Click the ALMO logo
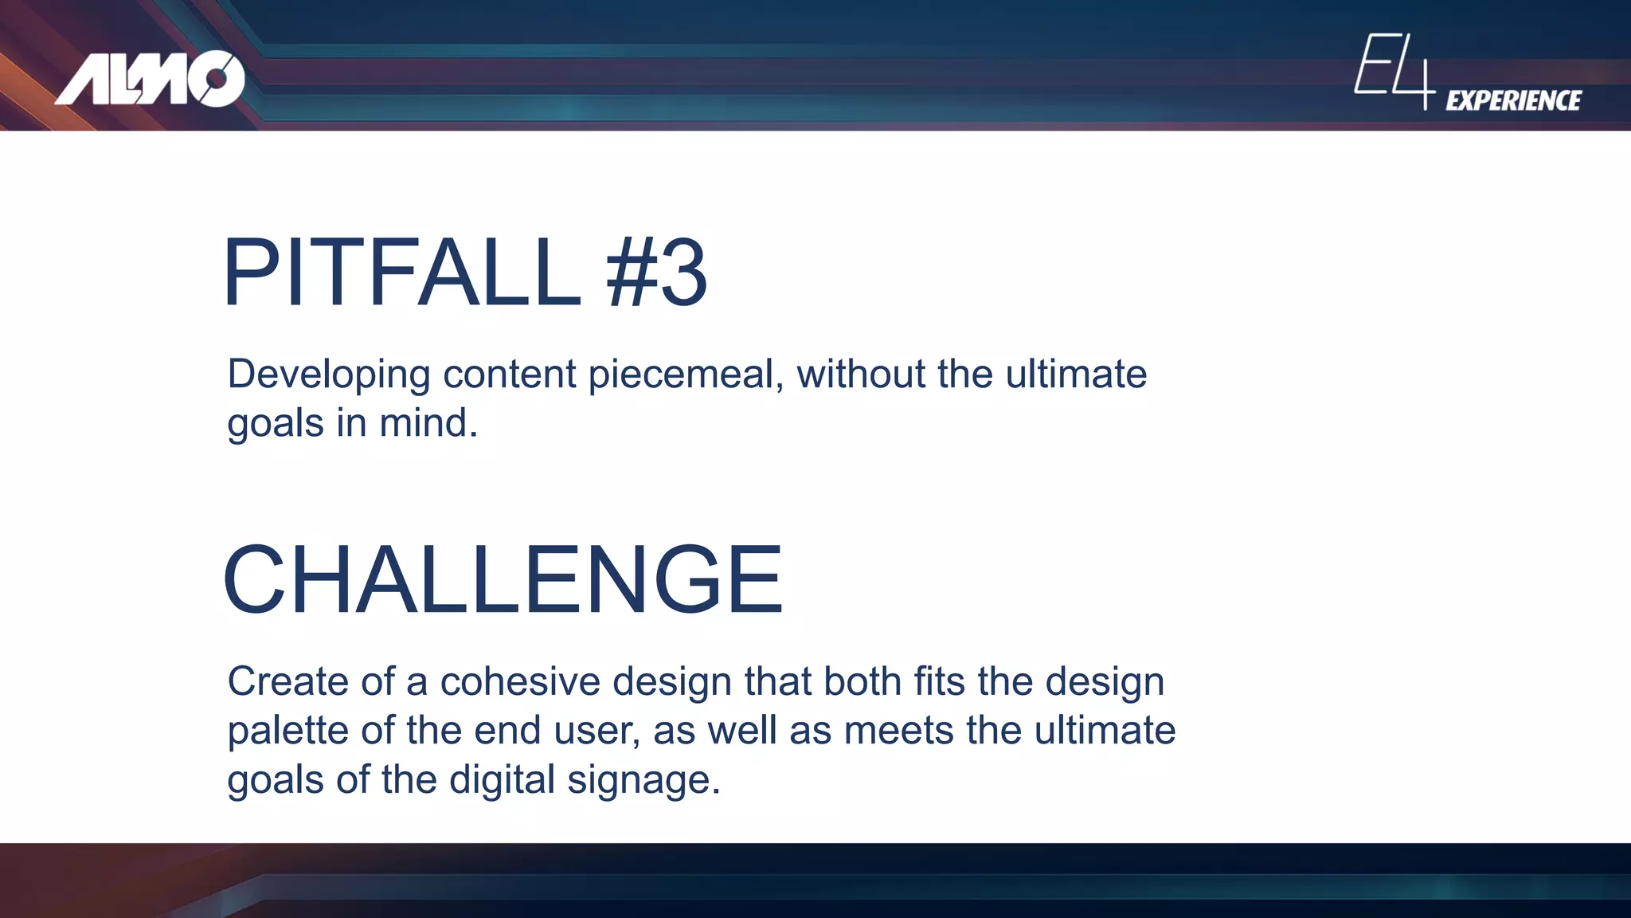point(150,79)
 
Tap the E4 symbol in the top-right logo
point(1394,70)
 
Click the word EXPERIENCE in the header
point(1513,100)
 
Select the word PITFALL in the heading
point(401,273)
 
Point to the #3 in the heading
point(656,273)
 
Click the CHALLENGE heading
point(503,579)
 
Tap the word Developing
point(328,375)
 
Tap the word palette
point(287,731)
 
